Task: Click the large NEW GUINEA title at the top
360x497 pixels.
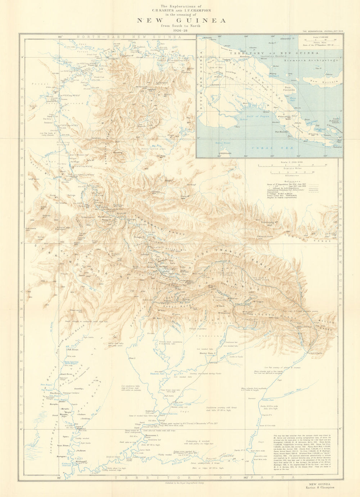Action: (181, 21)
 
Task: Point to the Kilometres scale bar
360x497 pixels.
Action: (292, 174)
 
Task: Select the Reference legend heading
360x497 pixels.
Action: (292, 181)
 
